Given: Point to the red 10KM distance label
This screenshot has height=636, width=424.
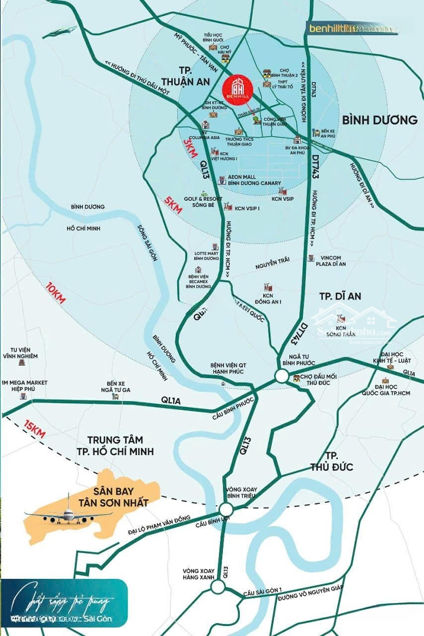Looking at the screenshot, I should click(x=56, y=293).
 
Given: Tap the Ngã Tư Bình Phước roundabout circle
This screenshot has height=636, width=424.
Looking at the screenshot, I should click(x=282, y=376).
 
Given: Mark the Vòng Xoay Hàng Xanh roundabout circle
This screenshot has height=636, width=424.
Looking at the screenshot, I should click(x=218, y=587).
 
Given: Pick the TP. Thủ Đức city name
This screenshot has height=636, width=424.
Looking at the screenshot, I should click(x=332, y=461).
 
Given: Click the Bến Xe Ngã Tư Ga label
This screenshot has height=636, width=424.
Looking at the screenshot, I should click(x=115, y=386).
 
